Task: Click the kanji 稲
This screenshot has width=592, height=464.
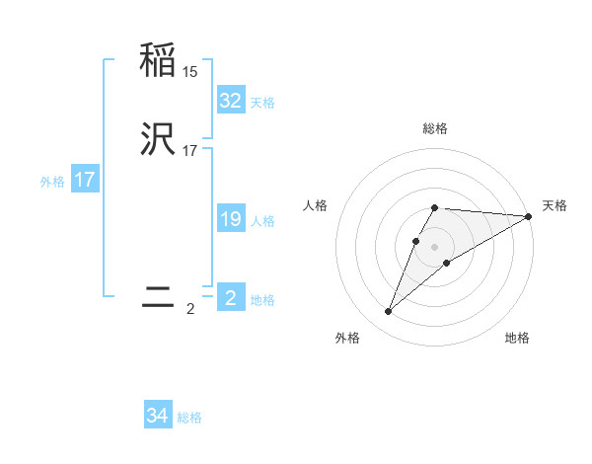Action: [x=159, y=61]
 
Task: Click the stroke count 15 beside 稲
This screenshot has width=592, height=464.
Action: [x=190, y=72]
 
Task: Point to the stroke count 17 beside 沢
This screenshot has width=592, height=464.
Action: [x=190, y=152]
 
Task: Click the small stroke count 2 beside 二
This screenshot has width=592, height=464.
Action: [x=190, y=309]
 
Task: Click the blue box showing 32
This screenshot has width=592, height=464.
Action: [x=231, y=101]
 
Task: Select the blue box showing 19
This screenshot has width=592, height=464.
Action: [x=231, y=219]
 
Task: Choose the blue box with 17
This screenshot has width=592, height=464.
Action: [x=85, y=181]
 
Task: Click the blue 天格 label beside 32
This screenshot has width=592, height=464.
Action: [x=262, y=103]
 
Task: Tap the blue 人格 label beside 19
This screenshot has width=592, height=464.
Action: [x=262, y=221]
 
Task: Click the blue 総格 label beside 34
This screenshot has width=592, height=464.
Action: [x=189, y=419]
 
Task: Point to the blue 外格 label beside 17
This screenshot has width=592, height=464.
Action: [x=52, y=182]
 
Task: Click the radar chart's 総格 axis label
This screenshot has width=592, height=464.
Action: [x=435, y=128]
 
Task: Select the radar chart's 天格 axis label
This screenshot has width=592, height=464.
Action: [x=555, y=205]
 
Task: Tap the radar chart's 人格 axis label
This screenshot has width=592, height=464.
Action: [x=316, y=205]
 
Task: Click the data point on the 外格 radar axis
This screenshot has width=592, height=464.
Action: [x=389, y=312]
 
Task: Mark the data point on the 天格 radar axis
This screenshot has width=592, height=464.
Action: [x=529, y=217]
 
